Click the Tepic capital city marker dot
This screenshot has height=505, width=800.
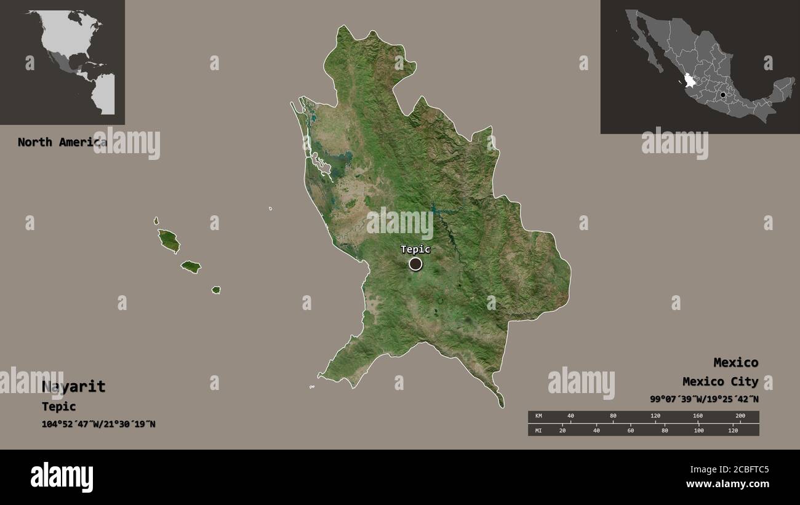coord(416,264)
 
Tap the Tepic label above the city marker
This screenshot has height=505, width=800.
coord(415,249)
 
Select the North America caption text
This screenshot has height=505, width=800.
coord(62,142)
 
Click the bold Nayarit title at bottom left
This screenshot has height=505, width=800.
coord(74,387)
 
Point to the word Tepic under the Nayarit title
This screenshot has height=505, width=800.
coord(59,407)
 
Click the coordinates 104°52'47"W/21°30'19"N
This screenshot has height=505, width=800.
coord(98,424)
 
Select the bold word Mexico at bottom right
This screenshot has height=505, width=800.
coord(735,362)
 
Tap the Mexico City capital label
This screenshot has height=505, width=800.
coord(720,382)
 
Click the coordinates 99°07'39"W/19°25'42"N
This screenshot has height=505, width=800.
coord(704,399)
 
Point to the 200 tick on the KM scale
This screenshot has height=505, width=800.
coord(740,416)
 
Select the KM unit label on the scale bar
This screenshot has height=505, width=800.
coord(538,416)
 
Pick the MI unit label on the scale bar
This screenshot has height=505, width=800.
coord(538,430)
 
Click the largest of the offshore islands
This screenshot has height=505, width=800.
coord(169,241)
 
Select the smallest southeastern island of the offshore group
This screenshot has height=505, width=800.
coord(216,290)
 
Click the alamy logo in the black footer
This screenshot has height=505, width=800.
coord(62,477)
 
